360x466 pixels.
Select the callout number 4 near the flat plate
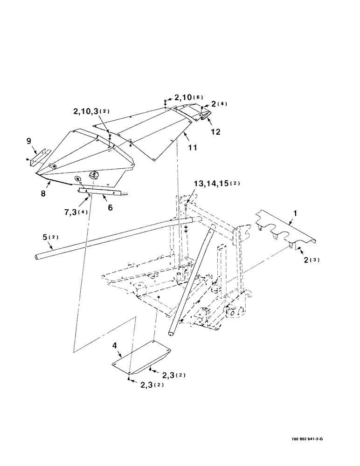click(x=114, y=347)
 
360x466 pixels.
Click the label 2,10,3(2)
click(x=92, y=111)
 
